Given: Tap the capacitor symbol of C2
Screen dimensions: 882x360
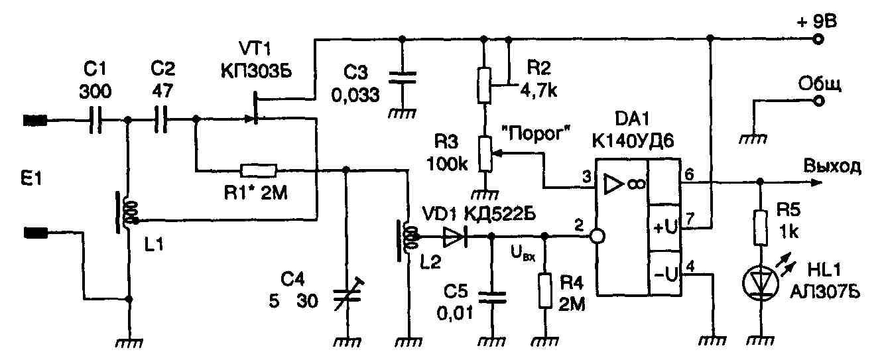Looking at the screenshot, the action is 161,119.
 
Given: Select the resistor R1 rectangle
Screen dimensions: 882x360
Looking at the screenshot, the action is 259,171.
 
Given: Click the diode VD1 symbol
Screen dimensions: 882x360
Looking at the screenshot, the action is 455,237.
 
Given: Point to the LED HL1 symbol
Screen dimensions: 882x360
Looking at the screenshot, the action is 761,283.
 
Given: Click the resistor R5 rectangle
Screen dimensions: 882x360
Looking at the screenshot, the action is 761,228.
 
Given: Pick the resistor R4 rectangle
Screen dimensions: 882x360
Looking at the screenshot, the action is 545,290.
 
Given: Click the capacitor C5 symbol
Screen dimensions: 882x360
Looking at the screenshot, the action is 492,297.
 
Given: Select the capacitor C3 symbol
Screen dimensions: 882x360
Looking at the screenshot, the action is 402,78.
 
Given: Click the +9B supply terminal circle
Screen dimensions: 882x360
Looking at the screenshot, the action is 818,40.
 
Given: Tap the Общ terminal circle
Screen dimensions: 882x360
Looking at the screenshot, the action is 818,101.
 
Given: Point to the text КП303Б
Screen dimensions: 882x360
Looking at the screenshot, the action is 257,72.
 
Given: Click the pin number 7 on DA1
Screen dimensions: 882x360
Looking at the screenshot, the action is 690,219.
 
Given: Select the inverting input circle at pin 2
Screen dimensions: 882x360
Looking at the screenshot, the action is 597,237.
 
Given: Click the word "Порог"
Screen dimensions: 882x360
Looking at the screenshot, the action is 536,134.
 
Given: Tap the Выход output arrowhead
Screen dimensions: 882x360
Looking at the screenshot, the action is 816,182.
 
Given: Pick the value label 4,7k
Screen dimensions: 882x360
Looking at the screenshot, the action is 538,91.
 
